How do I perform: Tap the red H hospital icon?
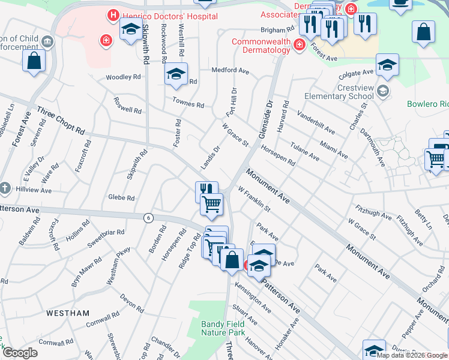point(112,15)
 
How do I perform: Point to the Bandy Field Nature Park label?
point(223,328)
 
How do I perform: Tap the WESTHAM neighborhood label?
point(68,313)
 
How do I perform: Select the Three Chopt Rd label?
point(61,120)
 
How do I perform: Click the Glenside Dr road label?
point(265,118)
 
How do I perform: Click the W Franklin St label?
point(254,200)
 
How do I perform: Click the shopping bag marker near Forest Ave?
point(34,61)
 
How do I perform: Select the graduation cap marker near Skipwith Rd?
point(130,29)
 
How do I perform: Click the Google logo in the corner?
point(20,353)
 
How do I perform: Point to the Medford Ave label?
point(230,71)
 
